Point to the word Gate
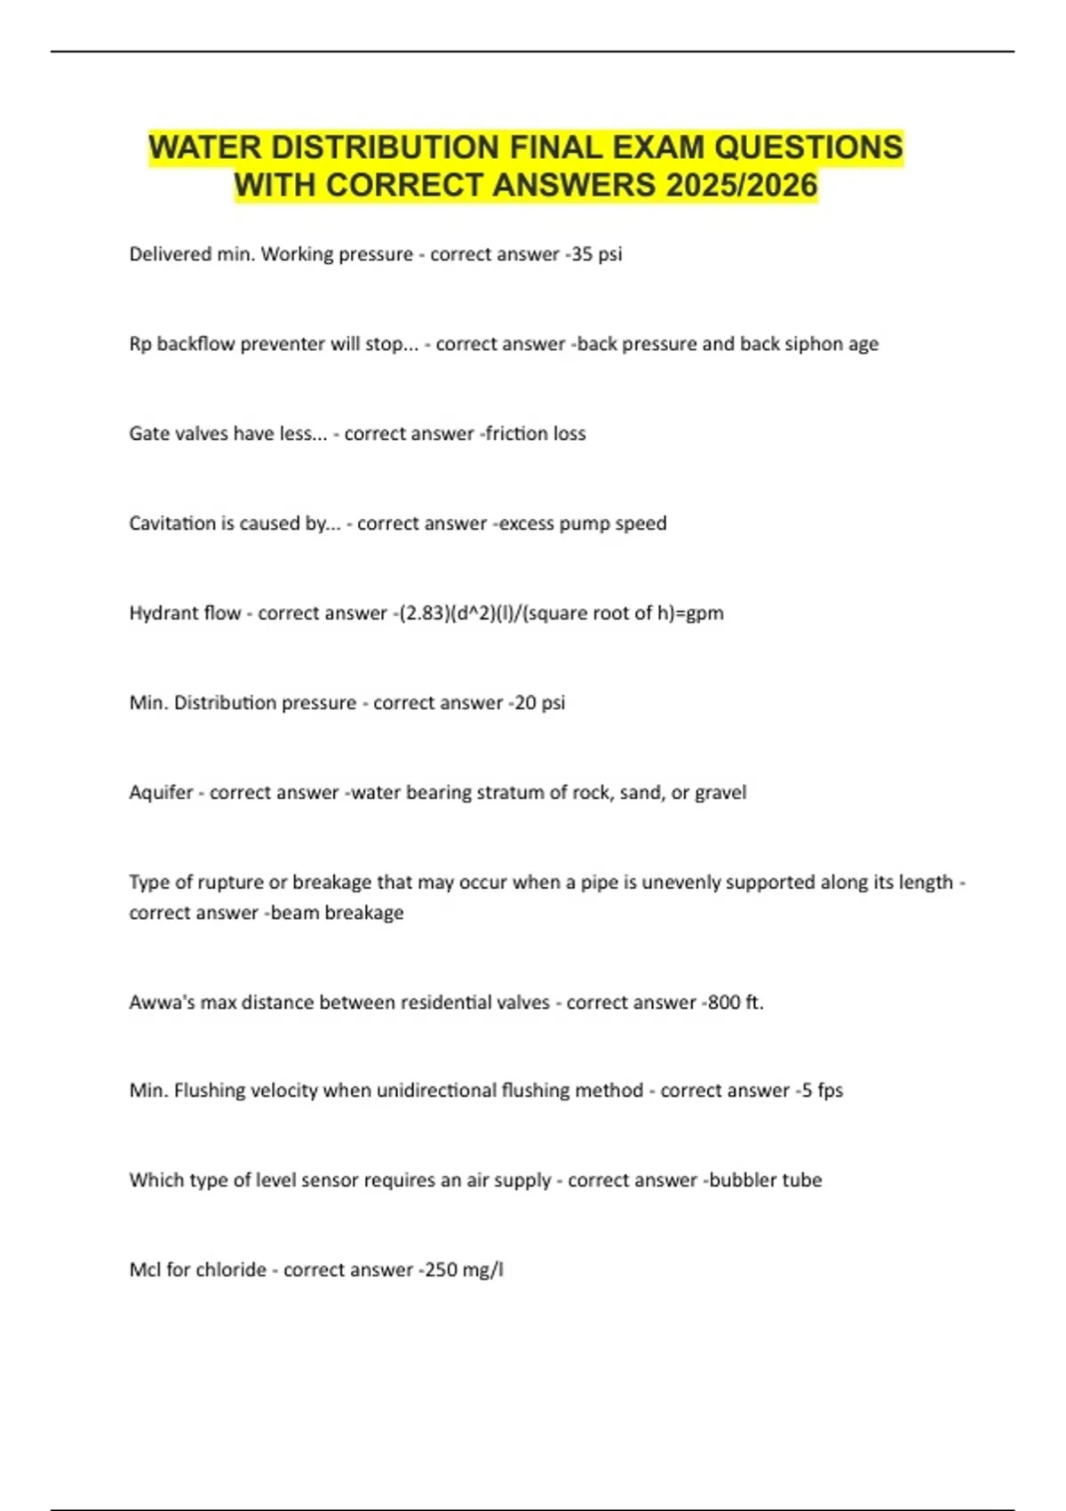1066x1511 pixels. coord(148,434)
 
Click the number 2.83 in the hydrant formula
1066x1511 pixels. coord(419,613)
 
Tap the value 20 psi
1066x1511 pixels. coord(539,703)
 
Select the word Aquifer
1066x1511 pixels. coord(161,793)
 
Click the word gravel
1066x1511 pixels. coord(720,793)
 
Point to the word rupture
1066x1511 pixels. coord(230,883)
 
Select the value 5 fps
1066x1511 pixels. coord(822,1091)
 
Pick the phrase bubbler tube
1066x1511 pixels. coord(765,1180)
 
